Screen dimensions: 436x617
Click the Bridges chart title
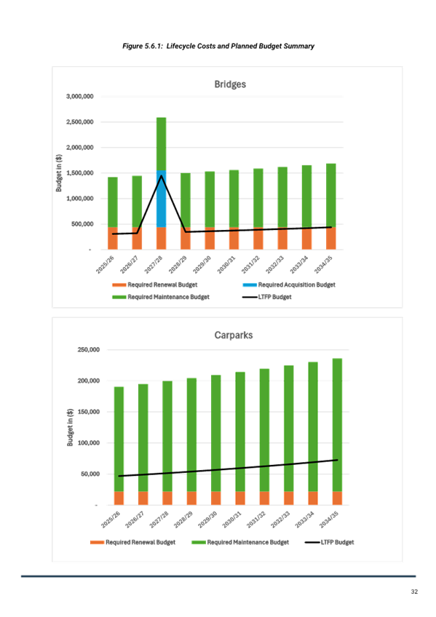click(230, 84)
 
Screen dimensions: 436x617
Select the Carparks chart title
click(234, 335)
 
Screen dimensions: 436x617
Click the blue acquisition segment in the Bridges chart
click(162, 199)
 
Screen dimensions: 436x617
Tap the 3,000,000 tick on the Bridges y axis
click(80, 96)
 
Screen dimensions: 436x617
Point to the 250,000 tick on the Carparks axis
click(89, 349)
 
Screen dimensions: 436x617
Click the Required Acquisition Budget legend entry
click(289, 284)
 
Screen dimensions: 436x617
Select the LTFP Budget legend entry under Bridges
click(267, 297)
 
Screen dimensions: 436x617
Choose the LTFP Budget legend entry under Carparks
click(329, 542)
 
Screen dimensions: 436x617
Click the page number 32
click(414, 592)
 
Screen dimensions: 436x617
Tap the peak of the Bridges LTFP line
click(162, 175)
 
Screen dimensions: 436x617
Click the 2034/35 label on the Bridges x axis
click(323, 264)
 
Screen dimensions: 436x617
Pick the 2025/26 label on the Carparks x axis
click(111, 520)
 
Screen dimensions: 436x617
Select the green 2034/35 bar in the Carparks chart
click(337, 425)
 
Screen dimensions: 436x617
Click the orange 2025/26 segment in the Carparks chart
click(119, 498)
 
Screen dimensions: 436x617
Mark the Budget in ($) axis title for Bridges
click(59, 172)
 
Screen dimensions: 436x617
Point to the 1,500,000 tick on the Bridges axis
click(80, 172)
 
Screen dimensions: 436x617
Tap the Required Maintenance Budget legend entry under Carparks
click(240, 542)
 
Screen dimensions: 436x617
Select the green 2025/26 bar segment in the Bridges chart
click(113, 202)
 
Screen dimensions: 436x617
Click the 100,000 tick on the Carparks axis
click(89, 442)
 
